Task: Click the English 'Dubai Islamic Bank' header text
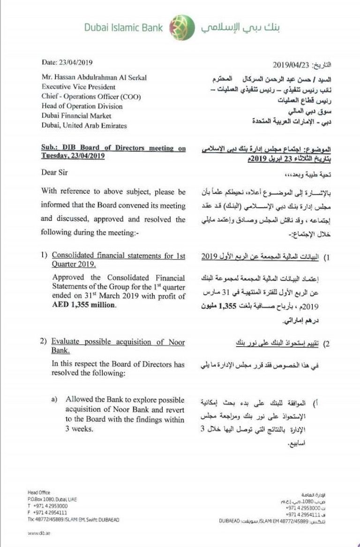pyautogui.click(x=124, y=28)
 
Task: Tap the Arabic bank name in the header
pyautogui.click(x=240, y=27)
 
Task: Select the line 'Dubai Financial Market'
pyautogui.click(x=76, y=116)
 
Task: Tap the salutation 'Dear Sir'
pyautogui.click(x=54, y=172)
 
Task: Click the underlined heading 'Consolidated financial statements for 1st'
pyautogui.click(x=118, y=256)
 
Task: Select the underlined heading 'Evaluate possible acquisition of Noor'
pyautogui.click(x=118, y=342)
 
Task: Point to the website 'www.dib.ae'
pyautogui.click(x=39, y=533)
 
